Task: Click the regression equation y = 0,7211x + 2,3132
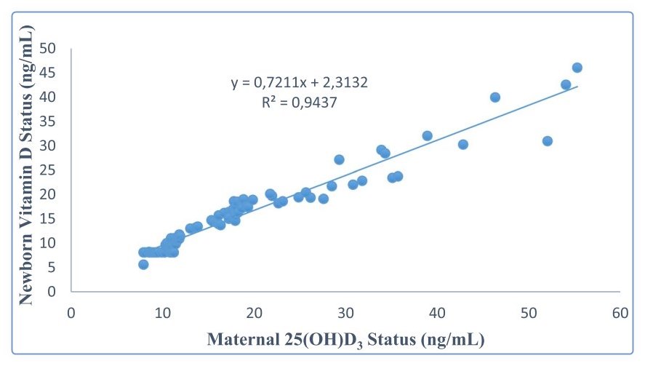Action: [300, 83]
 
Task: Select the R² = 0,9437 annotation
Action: [300, 103]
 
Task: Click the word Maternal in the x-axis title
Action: [243, 339]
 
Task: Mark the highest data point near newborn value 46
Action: [577, 68]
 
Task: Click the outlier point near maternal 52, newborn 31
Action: [547, 141]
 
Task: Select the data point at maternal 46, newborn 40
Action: [495, 98]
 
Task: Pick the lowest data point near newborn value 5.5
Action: [143, 265]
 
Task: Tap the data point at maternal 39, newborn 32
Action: [427, 136]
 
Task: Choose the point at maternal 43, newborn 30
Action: [462, 145]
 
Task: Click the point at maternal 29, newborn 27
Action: [339, 159]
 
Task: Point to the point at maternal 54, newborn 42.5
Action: [566, 84]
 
